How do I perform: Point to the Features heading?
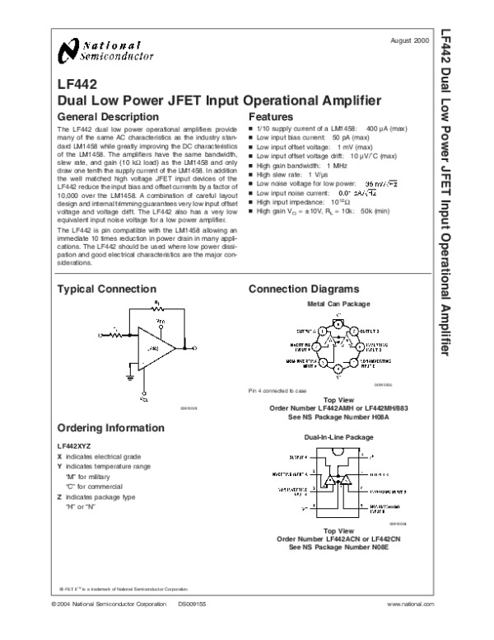[x=271, y=117]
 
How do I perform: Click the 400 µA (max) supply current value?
[x=386, y=129]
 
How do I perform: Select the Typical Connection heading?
[x=106, y=289]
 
